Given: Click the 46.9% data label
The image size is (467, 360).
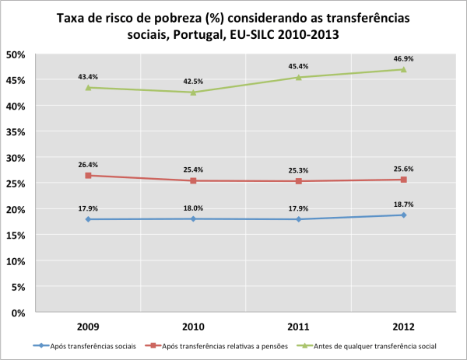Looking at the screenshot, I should click(403, 57).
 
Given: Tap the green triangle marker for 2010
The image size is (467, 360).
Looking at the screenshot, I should click(193, 93).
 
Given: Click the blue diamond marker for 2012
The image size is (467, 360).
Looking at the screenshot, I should click(403, 215).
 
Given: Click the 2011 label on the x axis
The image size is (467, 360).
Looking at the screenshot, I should click(298, 327).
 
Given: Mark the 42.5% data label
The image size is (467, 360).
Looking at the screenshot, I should click(193, 80).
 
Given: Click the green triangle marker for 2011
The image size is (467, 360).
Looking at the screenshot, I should click(298, 77).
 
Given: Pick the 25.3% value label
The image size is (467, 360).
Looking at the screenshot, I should click(298, 170).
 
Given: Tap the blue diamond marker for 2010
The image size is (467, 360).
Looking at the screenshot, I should click(193, 219).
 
